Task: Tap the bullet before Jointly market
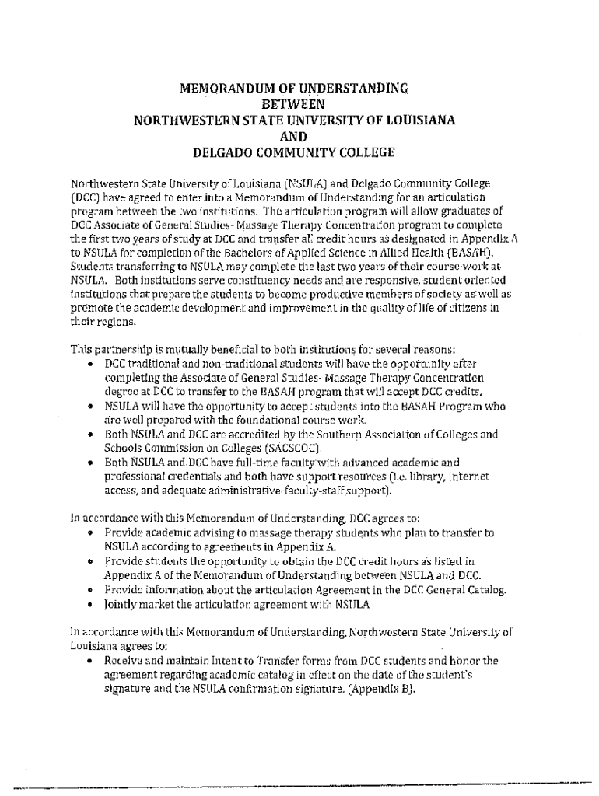pos(91,604)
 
